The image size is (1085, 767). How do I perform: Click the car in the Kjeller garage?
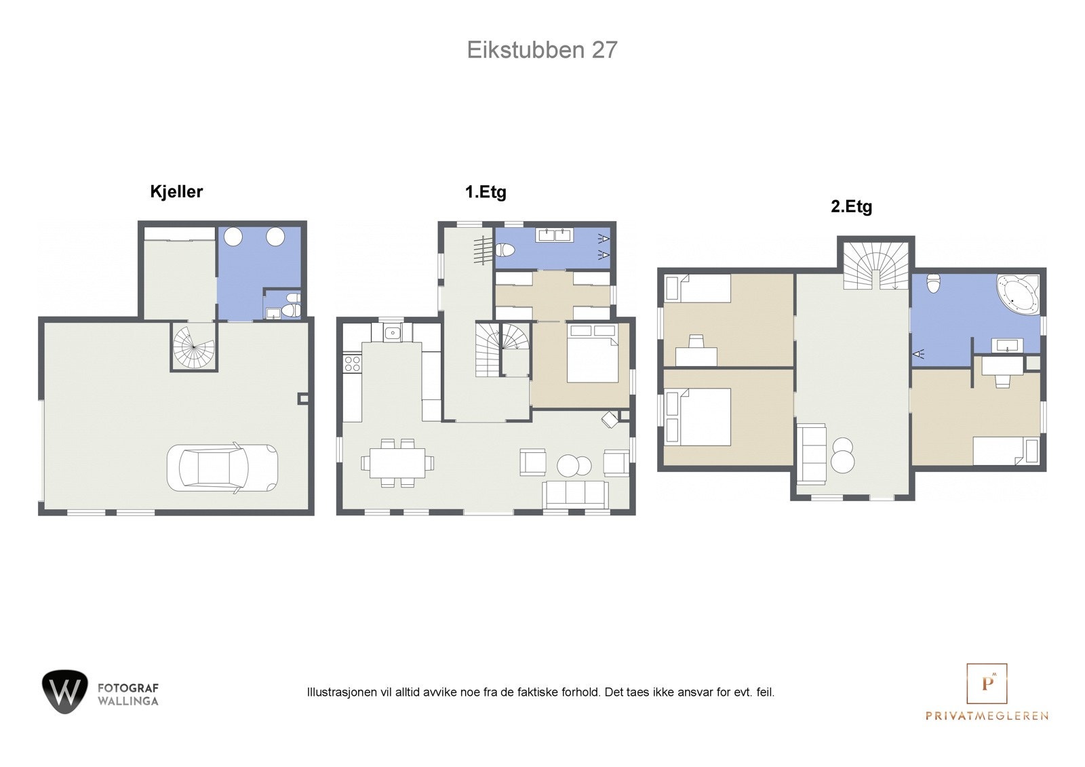tap(222, 467)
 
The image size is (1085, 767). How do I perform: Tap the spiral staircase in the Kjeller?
tap(193, 346)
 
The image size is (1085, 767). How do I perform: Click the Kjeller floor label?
tap(176, 192)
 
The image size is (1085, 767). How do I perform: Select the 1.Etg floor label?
tap(486, 192)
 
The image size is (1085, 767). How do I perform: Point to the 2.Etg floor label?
tap(851, 207)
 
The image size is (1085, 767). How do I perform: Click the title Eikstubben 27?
tap(542, 50)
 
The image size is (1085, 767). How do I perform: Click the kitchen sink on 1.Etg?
tap(393, 333)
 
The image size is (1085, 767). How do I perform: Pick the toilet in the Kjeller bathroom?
tap(292, 311)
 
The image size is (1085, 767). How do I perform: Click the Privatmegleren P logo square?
tap(987, 684)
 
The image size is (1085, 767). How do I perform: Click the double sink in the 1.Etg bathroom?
tap(555, 235)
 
